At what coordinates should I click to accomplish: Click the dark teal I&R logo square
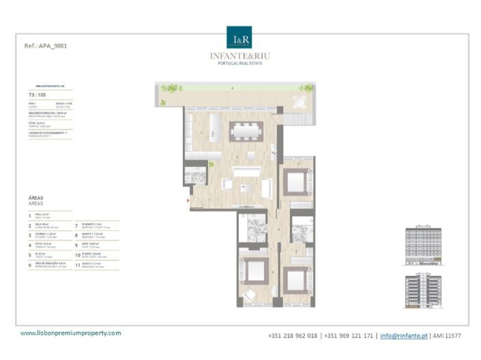(x=239, y=37)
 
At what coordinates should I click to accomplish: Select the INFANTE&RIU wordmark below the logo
(x=239, y=55)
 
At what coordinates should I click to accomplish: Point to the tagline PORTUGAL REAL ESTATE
(x=239, y=63)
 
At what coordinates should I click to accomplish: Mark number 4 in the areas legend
(x=30, y=245)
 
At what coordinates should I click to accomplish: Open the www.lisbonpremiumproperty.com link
(x=71, y=333)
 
